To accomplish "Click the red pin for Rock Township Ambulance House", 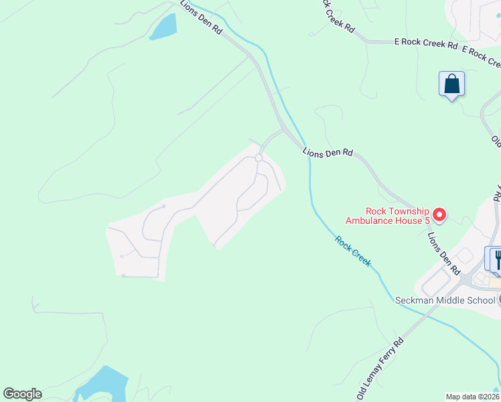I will click(439, 214).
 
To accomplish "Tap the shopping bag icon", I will click(452, 85).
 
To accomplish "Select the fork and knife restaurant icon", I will click(496, 259).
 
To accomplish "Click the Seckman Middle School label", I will click(444, 300).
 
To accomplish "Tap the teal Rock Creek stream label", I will click(353, 251).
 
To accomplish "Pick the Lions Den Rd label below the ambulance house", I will click(444, 253).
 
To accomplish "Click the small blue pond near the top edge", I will click(164, 26).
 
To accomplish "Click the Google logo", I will click(22, 394).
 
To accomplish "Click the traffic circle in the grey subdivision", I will click(259, 158).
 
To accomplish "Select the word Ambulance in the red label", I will click(368, 220).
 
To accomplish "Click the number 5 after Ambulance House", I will click(427, 220).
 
